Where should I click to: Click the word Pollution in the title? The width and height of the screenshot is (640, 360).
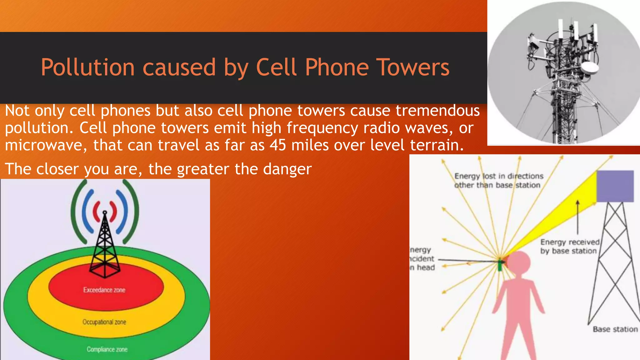click(x=87, y=67)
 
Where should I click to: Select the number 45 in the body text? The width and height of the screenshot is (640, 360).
click(x=278, y=145)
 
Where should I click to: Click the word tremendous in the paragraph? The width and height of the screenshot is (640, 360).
click(x=437, y=111)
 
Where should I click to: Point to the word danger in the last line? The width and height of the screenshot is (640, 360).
click(x=287, y=169)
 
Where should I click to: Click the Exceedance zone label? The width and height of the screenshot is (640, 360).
click(x=104, y=290)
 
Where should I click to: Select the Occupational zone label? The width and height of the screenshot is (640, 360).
click(x=104, y=322)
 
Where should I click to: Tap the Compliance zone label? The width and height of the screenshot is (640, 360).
click(x=107, y=349)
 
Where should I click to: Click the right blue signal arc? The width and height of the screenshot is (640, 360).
click(x=123, y=212)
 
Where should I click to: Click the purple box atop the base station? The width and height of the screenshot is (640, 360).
click(x=615, y=186)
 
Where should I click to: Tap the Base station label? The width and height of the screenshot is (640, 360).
click(x=615, y=329)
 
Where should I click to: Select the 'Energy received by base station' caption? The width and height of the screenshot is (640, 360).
click(x=570, y=247)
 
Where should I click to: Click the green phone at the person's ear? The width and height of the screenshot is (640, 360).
click(x=500, y=265)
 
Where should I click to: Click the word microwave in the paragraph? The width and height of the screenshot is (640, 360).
click(x=44, y=145)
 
